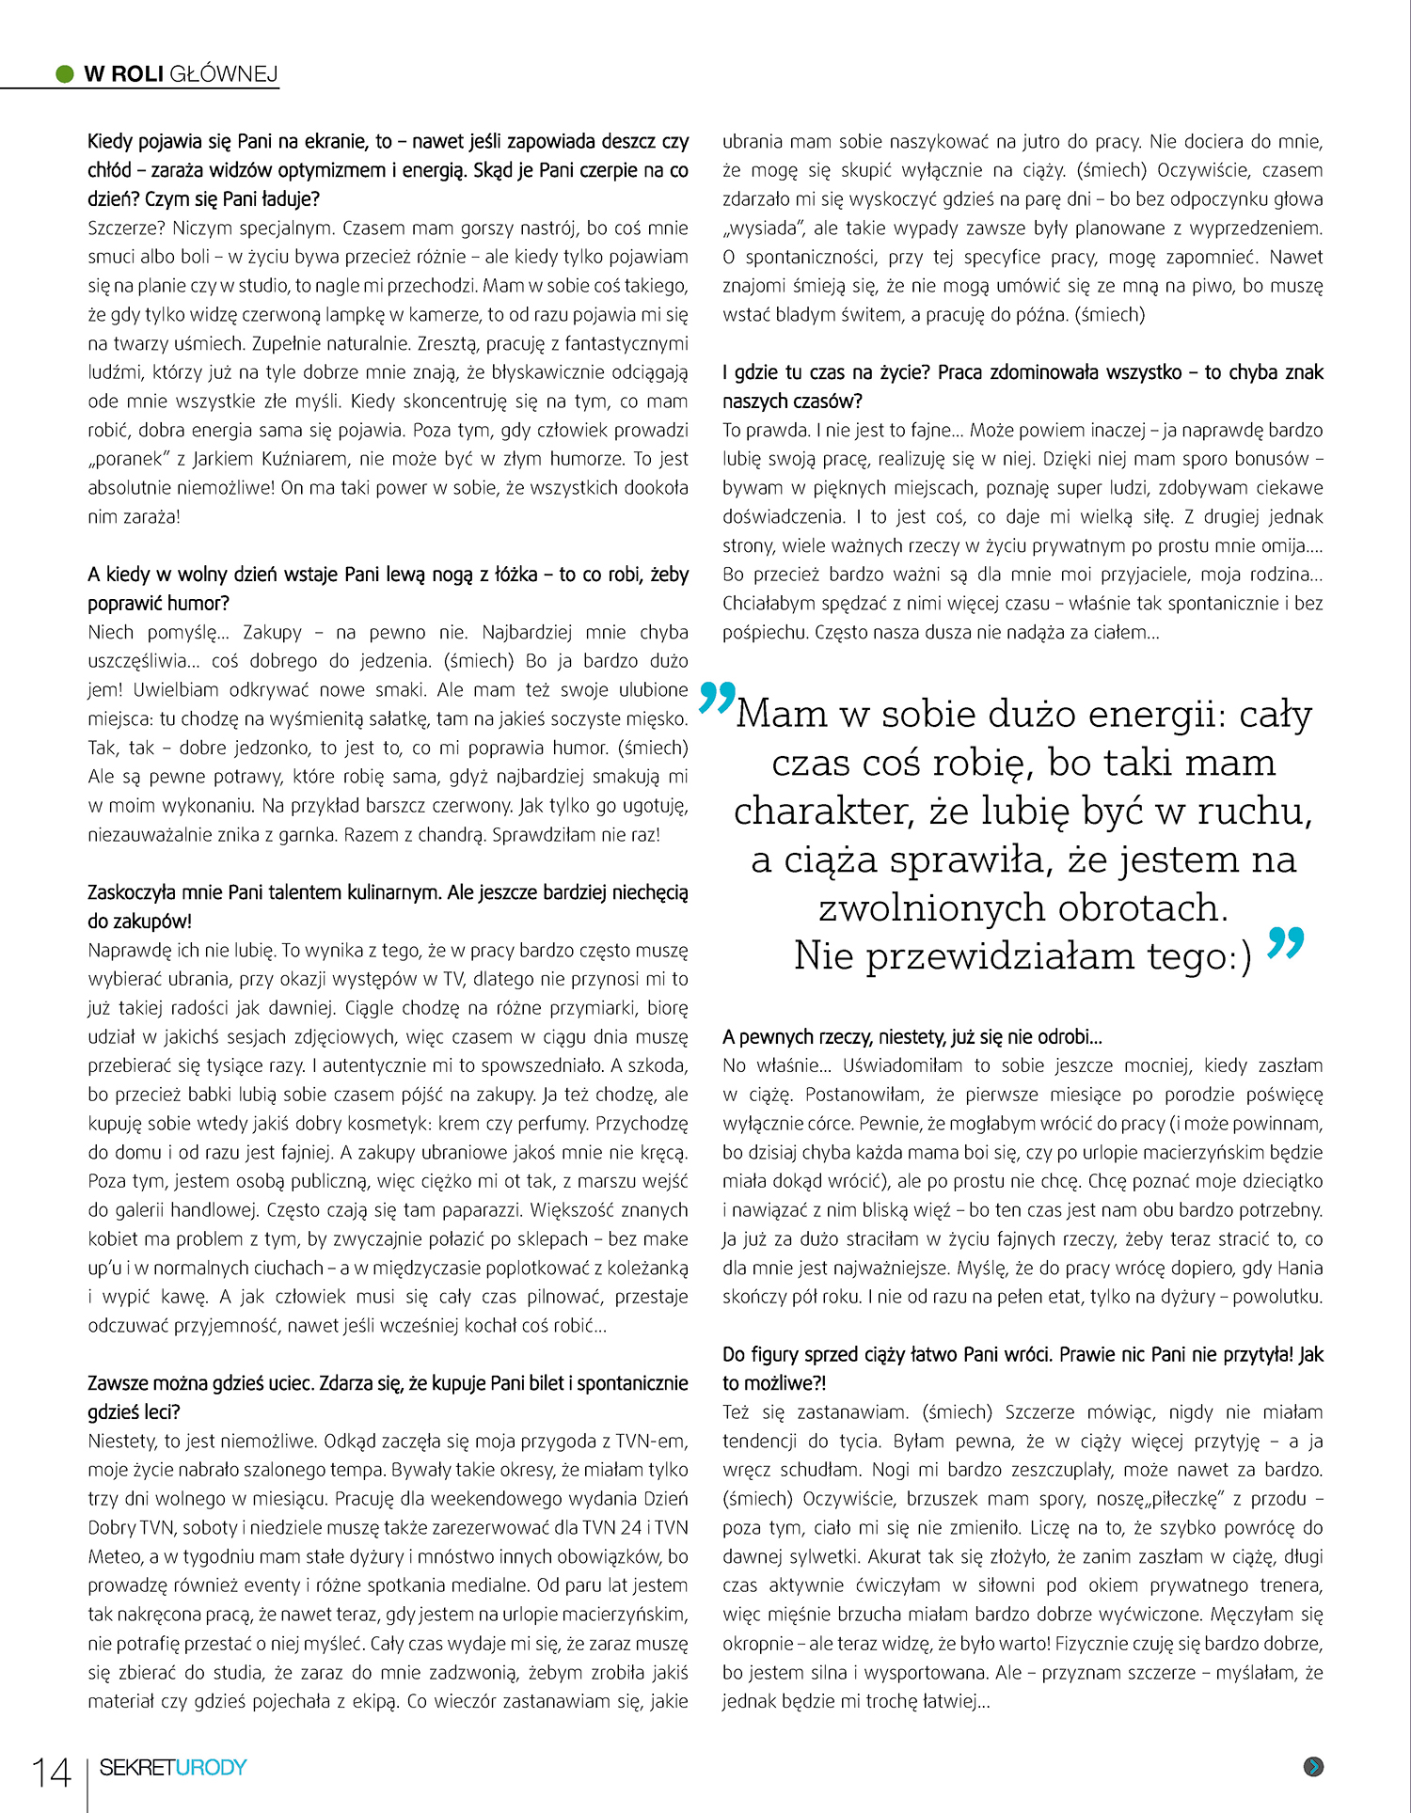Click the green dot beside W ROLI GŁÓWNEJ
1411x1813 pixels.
65,74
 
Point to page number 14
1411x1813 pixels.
52,1774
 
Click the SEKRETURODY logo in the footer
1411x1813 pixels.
173,1768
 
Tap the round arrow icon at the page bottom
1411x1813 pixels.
1314,1767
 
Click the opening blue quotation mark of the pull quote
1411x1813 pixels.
717,698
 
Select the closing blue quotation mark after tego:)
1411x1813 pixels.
1285,943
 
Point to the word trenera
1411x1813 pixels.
1291,1585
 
